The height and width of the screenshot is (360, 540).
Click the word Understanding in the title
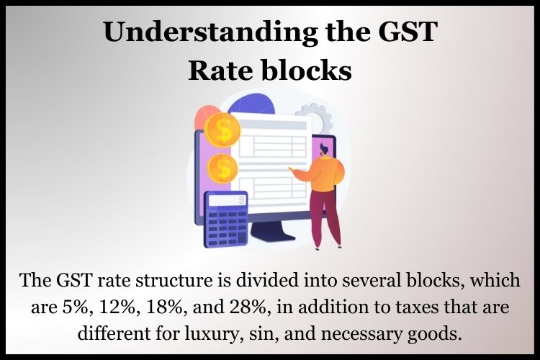(210, 32)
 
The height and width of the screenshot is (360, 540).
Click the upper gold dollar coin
(222, 130)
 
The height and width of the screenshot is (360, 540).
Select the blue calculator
(225, 219)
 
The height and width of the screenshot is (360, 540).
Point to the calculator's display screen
(228, 200)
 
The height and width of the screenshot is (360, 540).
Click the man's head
(324, 150)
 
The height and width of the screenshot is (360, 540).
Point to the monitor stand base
(272, 232)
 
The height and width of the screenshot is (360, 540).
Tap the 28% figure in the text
(251, 307)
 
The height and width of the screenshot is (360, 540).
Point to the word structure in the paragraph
(174, 280)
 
